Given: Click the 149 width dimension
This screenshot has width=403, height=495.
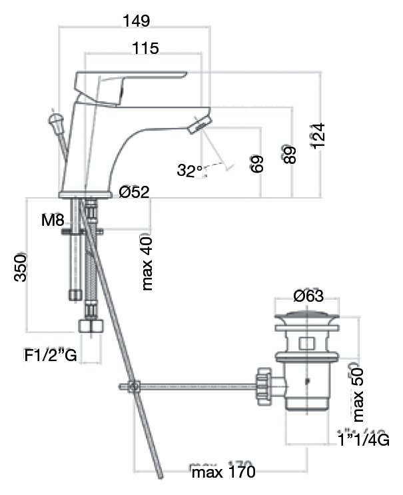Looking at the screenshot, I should [x=136, y=21].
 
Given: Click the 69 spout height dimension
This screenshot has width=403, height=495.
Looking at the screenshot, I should [x=258, y=163].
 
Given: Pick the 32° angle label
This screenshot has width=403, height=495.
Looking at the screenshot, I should [x=190, y=171].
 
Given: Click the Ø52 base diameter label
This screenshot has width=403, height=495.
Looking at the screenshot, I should [x=134, y=193].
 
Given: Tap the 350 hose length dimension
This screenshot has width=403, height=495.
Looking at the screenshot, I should [x=21, y=267].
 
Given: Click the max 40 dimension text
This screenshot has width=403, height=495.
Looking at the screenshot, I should [x=147, y=263].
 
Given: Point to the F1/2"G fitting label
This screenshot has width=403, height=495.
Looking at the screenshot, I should [x=51, y=356].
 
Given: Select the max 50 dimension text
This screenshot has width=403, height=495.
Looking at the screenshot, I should [x=358, y=392].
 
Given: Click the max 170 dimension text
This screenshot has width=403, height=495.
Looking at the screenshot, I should [x=223, y=473].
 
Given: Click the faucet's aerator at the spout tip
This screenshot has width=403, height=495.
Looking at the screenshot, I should [x=198, y=123].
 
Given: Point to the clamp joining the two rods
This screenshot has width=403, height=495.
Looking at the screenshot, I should [x=133, y=386].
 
